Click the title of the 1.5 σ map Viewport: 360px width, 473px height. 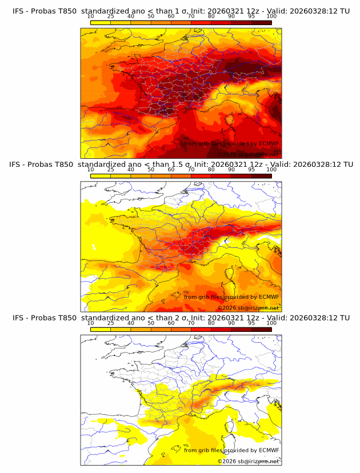click(181, 164)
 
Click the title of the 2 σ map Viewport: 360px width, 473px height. click(181, 318)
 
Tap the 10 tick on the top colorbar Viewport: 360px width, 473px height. click(91, 17)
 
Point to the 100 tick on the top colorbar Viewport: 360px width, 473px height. click(271, 17)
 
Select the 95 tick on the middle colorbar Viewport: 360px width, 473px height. click(251, 170)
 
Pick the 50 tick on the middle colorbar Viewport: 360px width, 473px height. click(151, 170)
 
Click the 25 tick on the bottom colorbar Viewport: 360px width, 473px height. click(111, 323)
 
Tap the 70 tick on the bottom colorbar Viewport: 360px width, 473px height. click(191, 323)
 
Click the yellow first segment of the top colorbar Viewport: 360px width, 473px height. click(101, 23)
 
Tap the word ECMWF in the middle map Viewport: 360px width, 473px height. click(269, 296)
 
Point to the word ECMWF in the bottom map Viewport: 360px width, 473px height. click(269, 450)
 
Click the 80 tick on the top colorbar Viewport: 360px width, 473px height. click(211, 17)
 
